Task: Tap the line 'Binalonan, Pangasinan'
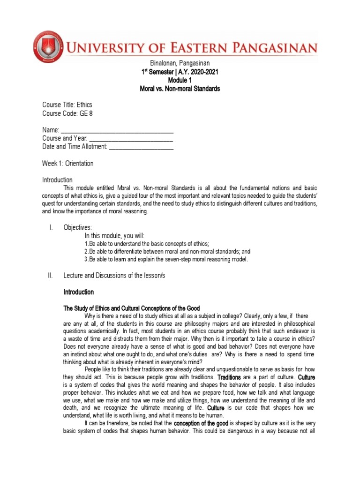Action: (x=180, y=63)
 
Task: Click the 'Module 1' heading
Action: (x=180, y=80)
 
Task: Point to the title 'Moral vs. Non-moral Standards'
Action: (x=180, y=89)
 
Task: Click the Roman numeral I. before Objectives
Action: (x=50, y=227)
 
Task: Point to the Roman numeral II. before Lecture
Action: (x=51, y=276)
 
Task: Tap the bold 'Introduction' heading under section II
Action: (x=79, y=292)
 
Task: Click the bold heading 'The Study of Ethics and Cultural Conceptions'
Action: (x=132, y=308)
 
